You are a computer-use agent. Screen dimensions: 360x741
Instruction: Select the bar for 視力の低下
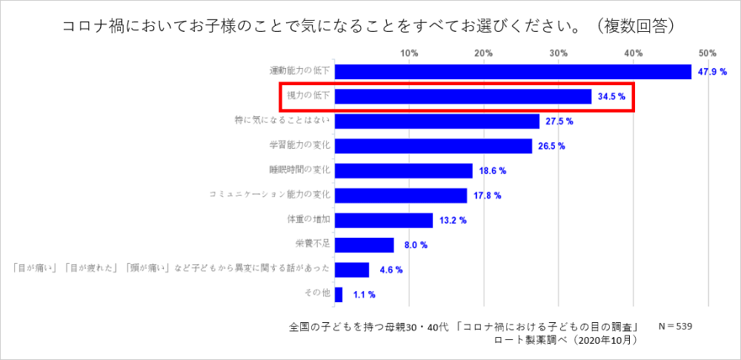(463, 96)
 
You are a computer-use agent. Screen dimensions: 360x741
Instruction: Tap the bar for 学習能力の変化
(433, 146)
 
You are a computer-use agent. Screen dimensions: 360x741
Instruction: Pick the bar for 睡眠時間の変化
(404, 170)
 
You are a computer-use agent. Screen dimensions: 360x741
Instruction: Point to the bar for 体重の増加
(384, 220)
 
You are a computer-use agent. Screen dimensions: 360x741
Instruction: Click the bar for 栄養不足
(365, 244)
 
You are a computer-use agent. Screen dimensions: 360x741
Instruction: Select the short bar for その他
(339, 294)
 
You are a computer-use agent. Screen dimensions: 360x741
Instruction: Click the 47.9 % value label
(713, 72)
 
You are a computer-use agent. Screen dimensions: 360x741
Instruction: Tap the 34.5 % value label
(612, 96)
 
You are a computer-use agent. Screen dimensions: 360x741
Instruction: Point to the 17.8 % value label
(488, 196)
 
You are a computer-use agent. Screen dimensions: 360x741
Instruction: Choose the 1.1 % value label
(363, 294)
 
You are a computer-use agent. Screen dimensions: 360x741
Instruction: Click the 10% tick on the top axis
(409, 53)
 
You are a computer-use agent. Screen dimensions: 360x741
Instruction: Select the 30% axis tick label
(559, 53)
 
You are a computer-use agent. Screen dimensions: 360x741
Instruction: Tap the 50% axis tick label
(708, 53)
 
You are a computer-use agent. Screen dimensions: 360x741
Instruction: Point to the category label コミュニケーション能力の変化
(270, 195)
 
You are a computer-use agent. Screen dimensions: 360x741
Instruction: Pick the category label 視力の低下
(308, 96)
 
